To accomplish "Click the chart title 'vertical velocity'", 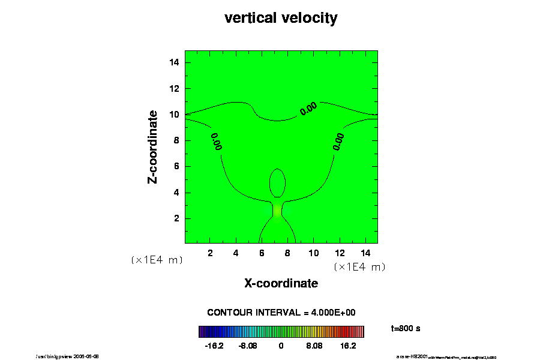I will (281, 18).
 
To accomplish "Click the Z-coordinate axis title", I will (153, 146).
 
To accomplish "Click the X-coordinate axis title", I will (281, 283).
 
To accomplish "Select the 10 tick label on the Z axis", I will (175, 115).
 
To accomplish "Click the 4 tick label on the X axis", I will (236, 253).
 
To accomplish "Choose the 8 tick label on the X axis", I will (287, 253).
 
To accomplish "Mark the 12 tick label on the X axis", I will (339, 253).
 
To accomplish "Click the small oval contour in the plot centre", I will (277, 183).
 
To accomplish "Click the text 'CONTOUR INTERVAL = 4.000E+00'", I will (281, 313).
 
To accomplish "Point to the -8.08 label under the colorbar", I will (247, 346).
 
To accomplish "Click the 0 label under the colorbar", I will (281, 346).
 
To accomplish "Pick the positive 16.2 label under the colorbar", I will (349, 346).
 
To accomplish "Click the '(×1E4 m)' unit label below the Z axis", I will (157, 260).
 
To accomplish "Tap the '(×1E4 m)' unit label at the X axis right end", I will (359, 267).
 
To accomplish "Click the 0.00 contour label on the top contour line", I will (308, 109).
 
